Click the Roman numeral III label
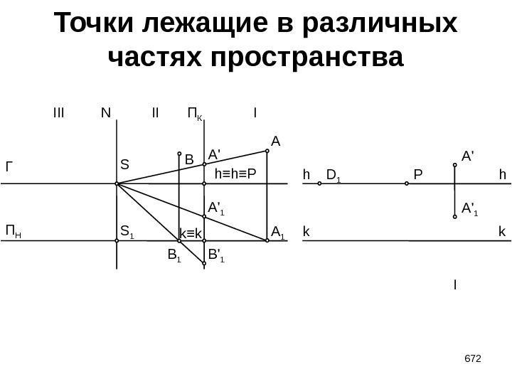[x=58, y=112]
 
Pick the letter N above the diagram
[x=106, y=112]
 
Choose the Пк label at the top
[x=194, y=113]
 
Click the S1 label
[x=128, y=230]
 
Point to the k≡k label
[x=191, y=233]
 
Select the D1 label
[x=334, y=174]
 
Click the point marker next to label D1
[x=320, y=183]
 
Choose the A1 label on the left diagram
[x=277, y=230]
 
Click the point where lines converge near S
[x=117, y=183]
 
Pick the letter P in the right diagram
[x=417, y=174]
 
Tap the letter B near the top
[x=189, y=160]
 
